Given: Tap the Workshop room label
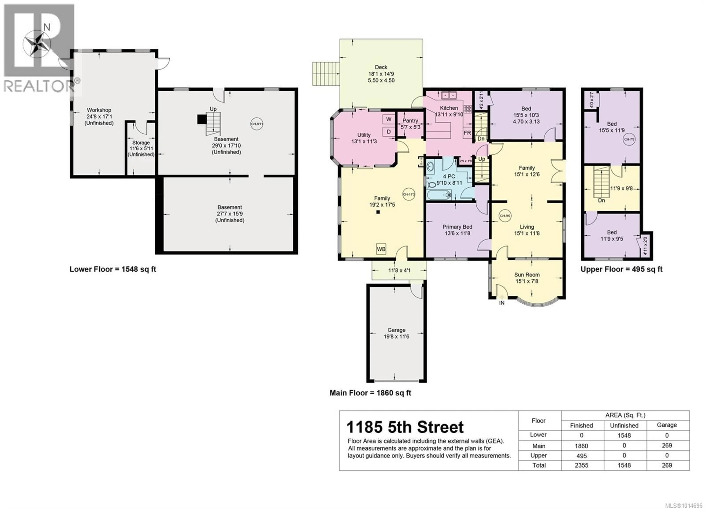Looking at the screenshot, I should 99,110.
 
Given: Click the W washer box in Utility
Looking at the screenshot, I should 388,119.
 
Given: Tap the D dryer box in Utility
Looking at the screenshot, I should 388,131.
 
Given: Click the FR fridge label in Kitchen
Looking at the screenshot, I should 467,133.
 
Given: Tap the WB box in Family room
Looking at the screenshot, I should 381,249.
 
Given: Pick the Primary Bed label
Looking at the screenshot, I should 457,227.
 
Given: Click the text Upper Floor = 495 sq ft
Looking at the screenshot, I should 621,269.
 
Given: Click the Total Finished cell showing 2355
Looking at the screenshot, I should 581,465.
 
